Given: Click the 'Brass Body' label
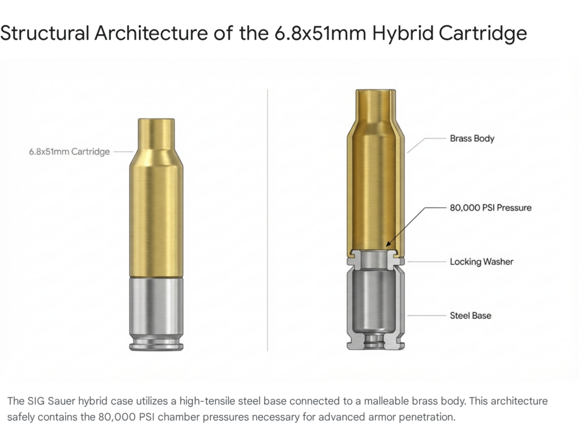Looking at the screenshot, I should click(x=472, y=138).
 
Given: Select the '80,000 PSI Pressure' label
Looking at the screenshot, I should click(x=490, y=208).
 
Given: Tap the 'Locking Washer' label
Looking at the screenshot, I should click(x=481, y=262).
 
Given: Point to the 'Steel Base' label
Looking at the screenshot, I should click(x=470, y=315).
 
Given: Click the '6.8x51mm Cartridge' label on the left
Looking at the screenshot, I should click(x=69, y=152).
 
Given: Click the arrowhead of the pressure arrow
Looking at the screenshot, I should click(x=387, y=245).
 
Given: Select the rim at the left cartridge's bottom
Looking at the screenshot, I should click(x=156, y=344).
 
